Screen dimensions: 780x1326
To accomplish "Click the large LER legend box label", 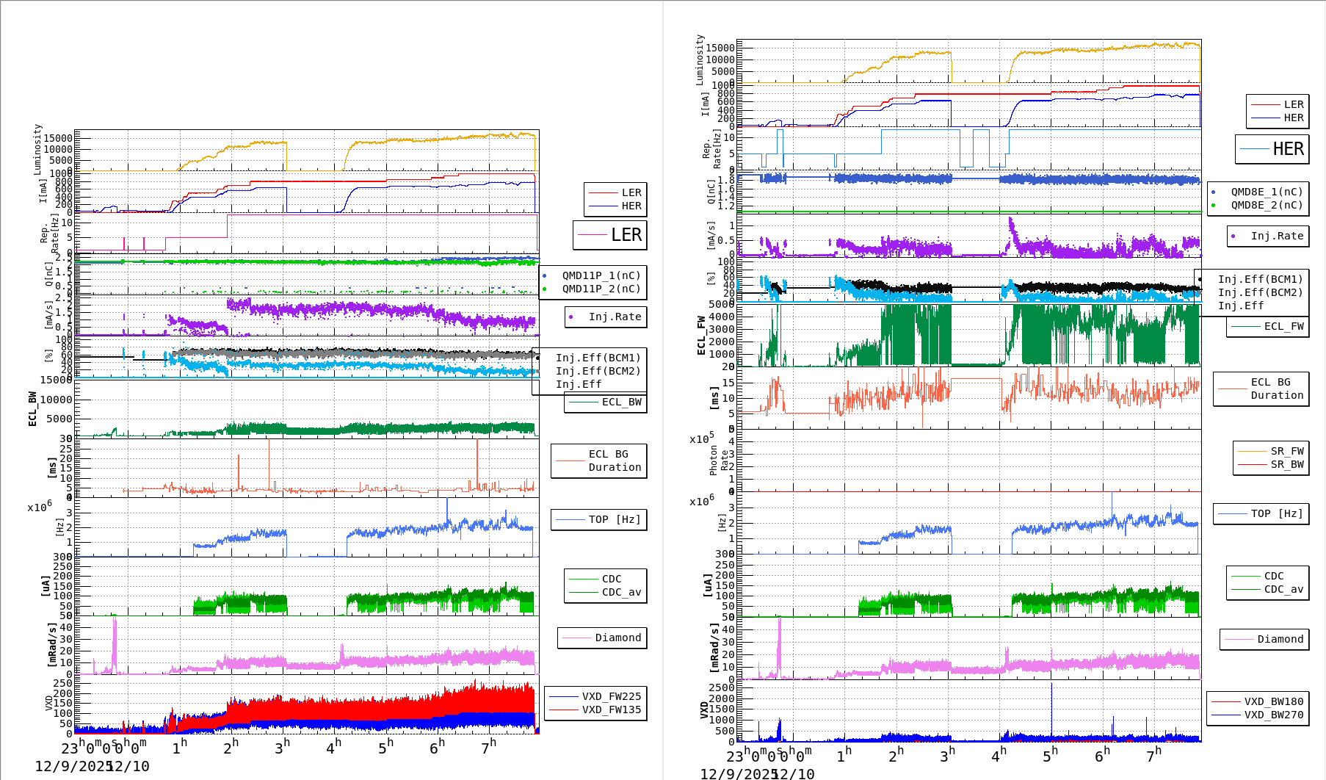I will pyautogui.click(x=626, y=235).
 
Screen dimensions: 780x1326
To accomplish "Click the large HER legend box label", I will pyautogui.click(x=1288, y=149).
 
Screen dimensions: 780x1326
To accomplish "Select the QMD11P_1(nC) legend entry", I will pyautogui.click(x=601, y=275).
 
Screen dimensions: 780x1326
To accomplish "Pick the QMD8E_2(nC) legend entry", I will pyautogui.click(x=1267, y=205).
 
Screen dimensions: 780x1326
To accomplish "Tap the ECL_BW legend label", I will pyautogui.click(x=621, y=402).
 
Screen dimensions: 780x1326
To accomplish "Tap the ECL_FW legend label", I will pyautogui.click(x=1283, y=326).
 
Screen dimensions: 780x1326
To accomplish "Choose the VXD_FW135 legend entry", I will pyautogui.click(x=611, y=709).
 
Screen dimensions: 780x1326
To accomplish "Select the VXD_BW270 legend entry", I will pyautogui.click(x=1273, y=715).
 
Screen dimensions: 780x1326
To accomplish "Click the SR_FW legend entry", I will pyautogui.click(x=1287, y=451).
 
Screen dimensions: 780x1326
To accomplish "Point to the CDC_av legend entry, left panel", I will pyautogui.click(x=621, y=592).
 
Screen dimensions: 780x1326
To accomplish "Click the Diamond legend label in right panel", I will pyautogui.click(x=1280, y=639).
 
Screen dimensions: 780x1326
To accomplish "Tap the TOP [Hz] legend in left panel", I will pyautogui.click(x=614, y=519).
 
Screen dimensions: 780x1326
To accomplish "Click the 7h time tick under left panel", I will pyautogui.click(x=488, y=747).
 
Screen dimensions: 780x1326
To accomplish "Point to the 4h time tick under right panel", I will pyautogui.click(x=999, y=754).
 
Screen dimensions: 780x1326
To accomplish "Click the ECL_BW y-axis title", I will pyautogui.click(x=32, y=408).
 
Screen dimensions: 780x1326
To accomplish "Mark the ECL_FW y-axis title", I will pyautogui.click(x=701, y=336).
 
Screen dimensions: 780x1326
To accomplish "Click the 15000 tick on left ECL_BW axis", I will pyautogui.click(x=57, y=380).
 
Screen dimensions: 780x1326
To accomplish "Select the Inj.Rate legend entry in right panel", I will pyautogui.click(x=1277, y=236).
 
